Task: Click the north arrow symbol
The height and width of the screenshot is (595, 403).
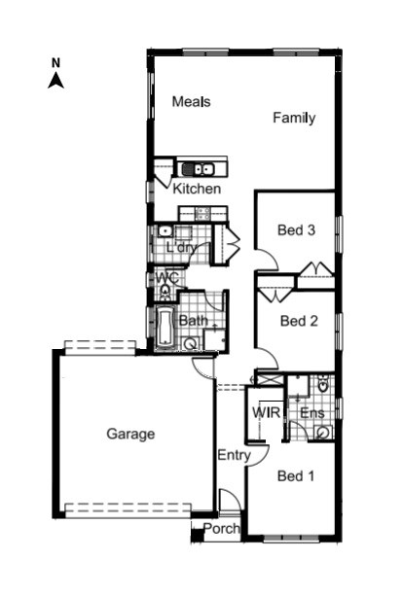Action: (x=56, y=81)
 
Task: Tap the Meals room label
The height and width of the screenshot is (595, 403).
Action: (x=192, y=101)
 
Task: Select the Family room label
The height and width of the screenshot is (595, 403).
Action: (x=293, y=119)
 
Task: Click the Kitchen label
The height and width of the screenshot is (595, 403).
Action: (x=197, y=189)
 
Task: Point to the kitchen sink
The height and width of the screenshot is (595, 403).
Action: (x=196, y=169)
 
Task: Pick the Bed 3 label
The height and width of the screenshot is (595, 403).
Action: (x=297, y=230)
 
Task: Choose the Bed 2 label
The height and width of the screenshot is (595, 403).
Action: (x=299, y=320)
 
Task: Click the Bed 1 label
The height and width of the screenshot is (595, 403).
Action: (x=296, y=476)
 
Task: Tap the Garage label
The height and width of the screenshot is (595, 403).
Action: (x=130, y=435)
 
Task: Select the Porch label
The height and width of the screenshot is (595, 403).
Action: (x=221, y=530)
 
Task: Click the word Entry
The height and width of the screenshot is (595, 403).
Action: (x=234, y=454)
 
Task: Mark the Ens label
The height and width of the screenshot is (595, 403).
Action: (x=311, y=413)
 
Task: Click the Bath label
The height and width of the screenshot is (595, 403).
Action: (x=193, y=320)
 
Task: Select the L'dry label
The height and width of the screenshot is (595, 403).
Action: (x=180, y=247)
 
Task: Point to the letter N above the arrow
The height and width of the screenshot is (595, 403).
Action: (x=56, y=63)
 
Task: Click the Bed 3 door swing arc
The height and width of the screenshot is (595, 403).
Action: (x=267, y=261)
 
